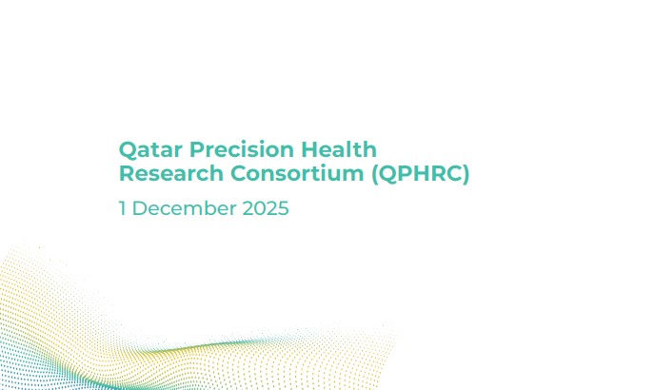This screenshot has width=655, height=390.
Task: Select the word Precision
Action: [242, 149]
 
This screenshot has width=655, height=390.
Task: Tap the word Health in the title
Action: [339, 149]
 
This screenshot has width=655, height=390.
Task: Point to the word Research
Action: [171, 173]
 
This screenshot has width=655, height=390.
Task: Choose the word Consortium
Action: [297, 173]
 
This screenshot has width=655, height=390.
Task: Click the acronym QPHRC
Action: [421, 174]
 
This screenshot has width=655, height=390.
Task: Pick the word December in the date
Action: [185, 208]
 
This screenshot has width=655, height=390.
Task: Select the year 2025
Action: [266, 208]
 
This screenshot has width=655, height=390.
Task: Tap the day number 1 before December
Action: [123, 208]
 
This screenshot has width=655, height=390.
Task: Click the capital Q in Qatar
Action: [127, 150]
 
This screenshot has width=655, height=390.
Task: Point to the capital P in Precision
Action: [197, 149]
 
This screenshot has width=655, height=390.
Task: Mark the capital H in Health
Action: [309, 149]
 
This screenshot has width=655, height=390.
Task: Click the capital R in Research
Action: [127, 173]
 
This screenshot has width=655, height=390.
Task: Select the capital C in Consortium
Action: [239, 173]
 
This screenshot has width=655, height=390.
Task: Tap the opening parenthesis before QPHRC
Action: [374, 174]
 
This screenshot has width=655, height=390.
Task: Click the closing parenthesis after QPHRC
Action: [466, 174]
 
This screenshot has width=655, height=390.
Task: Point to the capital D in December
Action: [140, 208]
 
